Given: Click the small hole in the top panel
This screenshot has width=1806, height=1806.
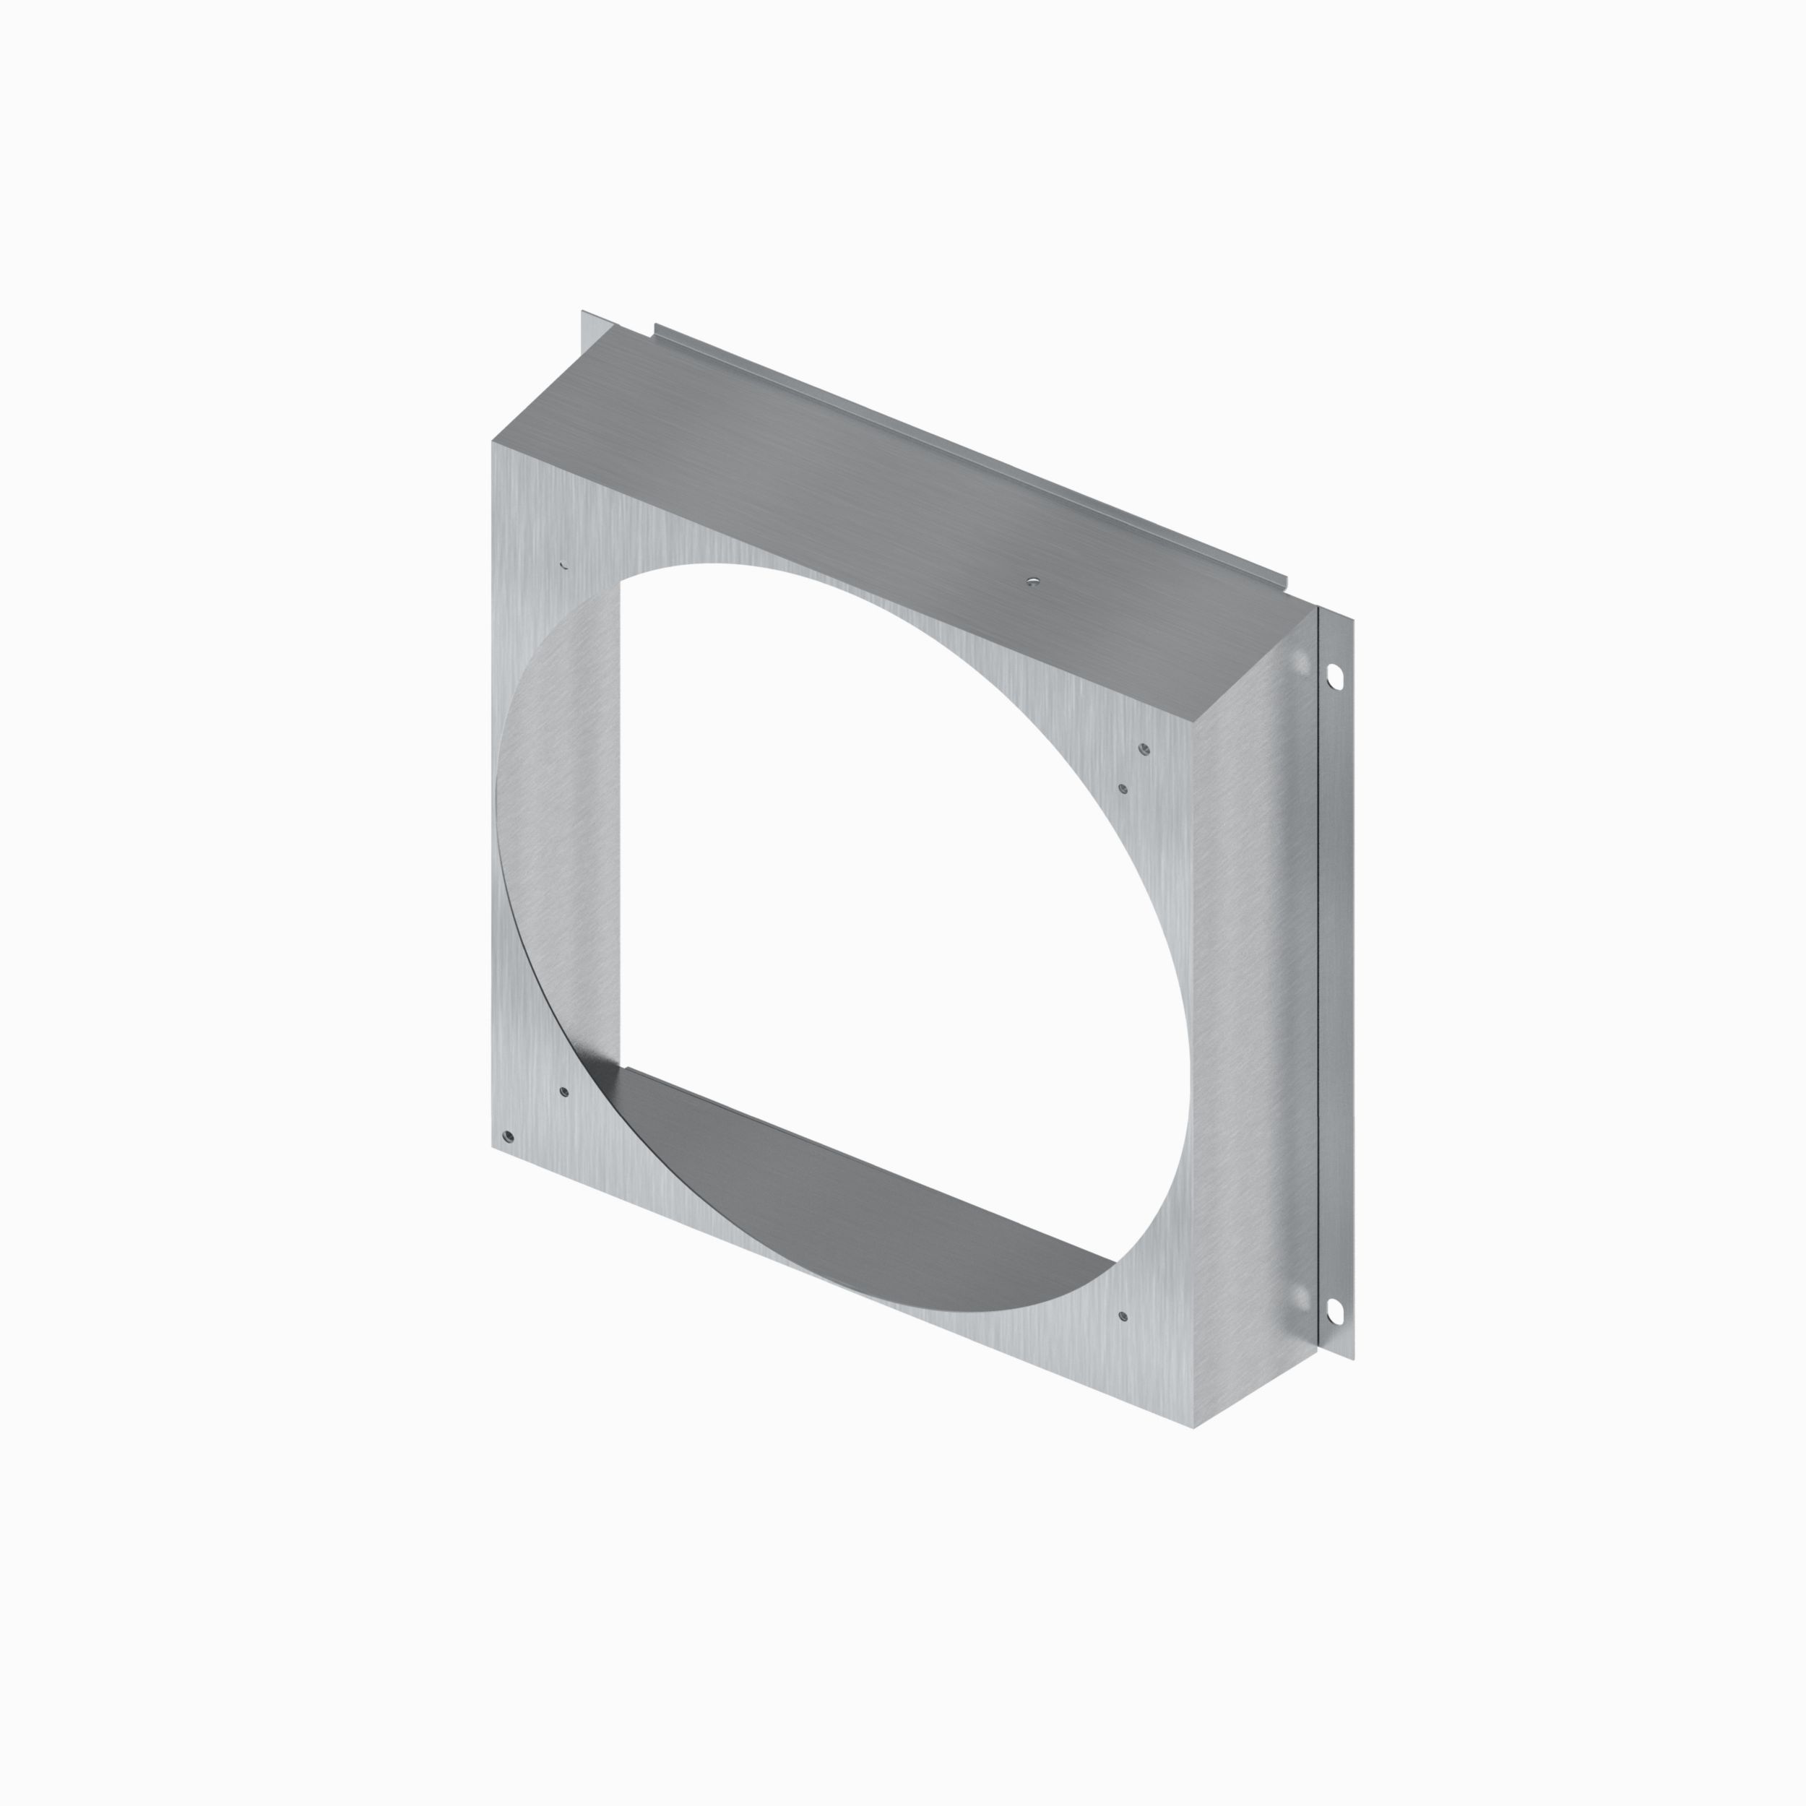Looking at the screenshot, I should (1031, 582).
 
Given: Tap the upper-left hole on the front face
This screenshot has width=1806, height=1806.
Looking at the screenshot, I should (563, 565).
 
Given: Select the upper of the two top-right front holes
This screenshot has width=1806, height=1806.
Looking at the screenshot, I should (1144, 748).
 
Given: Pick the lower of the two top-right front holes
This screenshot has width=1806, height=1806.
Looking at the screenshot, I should (1123, 789).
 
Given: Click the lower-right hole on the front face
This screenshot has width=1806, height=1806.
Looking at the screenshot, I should (1123, 1316).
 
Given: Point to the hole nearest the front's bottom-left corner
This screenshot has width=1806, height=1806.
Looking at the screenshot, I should (508, 1136).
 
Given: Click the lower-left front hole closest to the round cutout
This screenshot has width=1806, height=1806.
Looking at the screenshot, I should (563, 1091).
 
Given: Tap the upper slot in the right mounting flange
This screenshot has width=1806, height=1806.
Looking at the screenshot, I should (1335, 674).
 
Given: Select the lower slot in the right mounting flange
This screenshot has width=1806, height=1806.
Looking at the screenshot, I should (1335, 1311).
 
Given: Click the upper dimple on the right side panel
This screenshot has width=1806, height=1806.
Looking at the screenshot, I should (1300, 665).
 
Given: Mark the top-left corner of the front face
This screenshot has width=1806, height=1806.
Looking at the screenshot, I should (493, 443).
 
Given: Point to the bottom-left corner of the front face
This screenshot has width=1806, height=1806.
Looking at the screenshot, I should (493, 1147).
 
